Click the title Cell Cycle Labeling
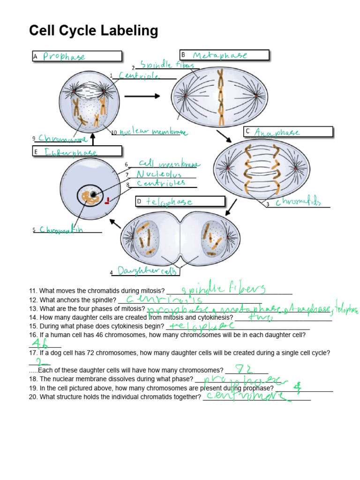coord(93,31)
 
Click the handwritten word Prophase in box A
coord(64,57)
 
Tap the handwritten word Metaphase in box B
coord(220,55)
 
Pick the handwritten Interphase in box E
coord(71,152)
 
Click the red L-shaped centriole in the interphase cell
coord(107,202)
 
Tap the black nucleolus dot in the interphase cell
coord(94,194)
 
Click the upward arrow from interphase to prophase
coord(93,140)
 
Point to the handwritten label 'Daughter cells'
coord(147,271)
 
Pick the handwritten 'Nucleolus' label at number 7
coord(158,174)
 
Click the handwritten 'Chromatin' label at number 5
coord(62,230)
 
